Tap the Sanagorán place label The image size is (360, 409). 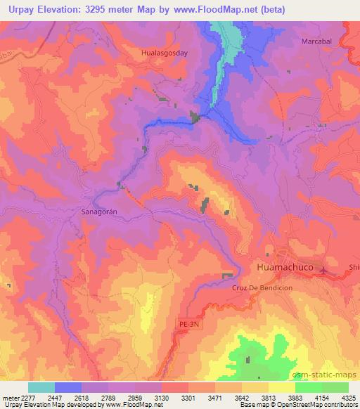click(x=100, y=210)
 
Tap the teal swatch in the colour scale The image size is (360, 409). click(x=41, y=387)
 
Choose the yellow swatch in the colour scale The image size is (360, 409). click(x=281, y=387)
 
